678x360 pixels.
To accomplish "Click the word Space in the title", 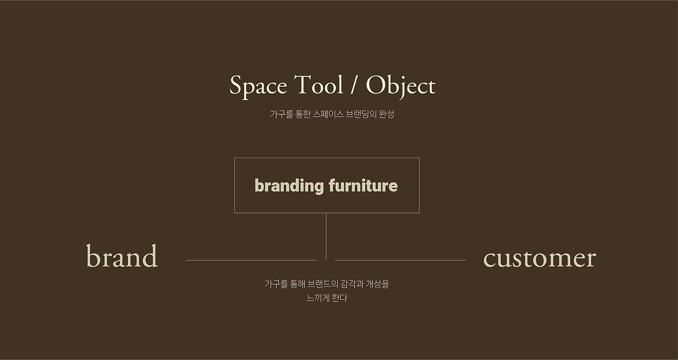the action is pos(258,86).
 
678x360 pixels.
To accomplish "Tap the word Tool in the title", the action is pos(318,84).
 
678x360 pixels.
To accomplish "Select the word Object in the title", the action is pos(401,86).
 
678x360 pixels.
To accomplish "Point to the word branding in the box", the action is pos(289,186).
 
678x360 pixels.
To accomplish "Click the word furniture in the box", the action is pos(363,185).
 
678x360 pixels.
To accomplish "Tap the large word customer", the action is pos(540,259).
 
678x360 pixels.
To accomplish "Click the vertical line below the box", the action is pos(326,237).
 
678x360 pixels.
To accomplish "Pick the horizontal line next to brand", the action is pos(251,260).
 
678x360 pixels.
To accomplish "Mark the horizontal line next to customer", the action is pos(400,260).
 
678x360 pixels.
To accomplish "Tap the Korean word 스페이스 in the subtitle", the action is pos(328,114).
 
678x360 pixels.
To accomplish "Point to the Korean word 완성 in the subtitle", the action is pos(387,114).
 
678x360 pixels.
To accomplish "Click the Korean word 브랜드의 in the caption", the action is pos(323,284).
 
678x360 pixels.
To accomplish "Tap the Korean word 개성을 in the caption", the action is pos(378,284).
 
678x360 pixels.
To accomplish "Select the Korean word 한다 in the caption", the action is pos(340,298).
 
